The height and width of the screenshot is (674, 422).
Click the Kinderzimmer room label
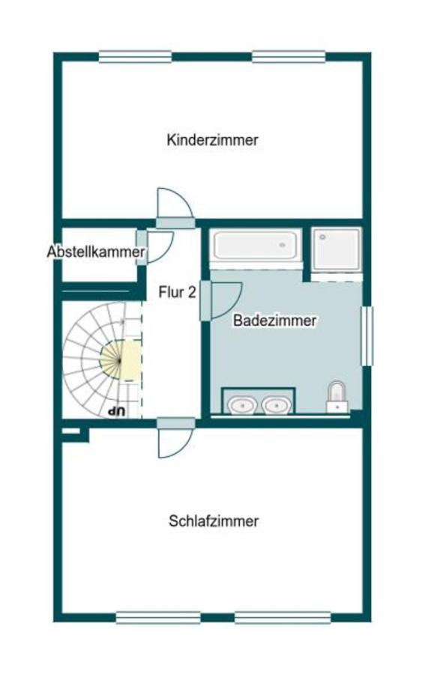tap(213, 140)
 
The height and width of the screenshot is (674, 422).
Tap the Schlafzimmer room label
tap(214, 521)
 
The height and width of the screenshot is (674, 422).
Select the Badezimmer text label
tap(274, 321)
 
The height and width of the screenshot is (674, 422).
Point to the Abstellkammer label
tap(95, 252)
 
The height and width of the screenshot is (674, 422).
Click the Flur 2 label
tap(177, 292)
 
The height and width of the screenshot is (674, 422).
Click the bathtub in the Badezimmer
tap(255, 245)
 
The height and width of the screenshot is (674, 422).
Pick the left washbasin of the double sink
tap(242, 404)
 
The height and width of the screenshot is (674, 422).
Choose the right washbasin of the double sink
tap(276, 404)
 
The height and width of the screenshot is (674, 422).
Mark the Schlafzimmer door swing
tap(175, 442)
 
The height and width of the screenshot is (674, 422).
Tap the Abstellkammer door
tap(158, 248)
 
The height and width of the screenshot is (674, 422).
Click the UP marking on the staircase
tap(115, 410)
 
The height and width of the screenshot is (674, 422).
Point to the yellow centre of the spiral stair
tap(120, 359)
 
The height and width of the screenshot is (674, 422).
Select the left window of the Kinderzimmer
tap(135, 56)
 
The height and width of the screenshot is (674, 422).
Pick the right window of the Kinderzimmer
tap(289, 56)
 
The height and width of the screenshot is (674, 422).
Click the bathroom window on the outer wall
tap(367, 336)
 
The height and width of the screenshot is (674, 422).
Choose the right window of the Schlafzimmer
tap(283, 618)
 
